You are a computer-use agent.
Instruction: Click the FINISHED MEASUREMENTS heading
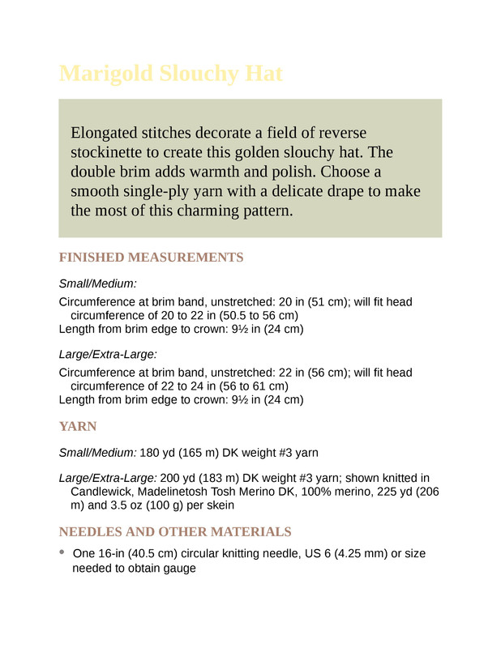[151, 258]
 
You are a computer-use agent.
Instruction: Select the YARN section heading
[78, 426]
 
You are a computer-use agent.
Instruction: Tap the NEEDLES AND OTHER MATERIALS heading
[175, 532]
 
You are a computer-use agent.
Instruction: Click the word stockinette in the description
[113, 152]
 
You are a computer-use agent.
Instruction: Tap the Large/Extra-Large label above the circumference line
[108, 354]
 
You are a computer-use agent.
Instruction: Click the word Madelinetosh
[181, 491]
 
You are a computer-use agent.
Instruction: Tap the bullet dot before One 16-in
[62, 553]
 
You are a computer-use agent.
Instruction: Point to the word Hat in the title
[261, 74]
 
